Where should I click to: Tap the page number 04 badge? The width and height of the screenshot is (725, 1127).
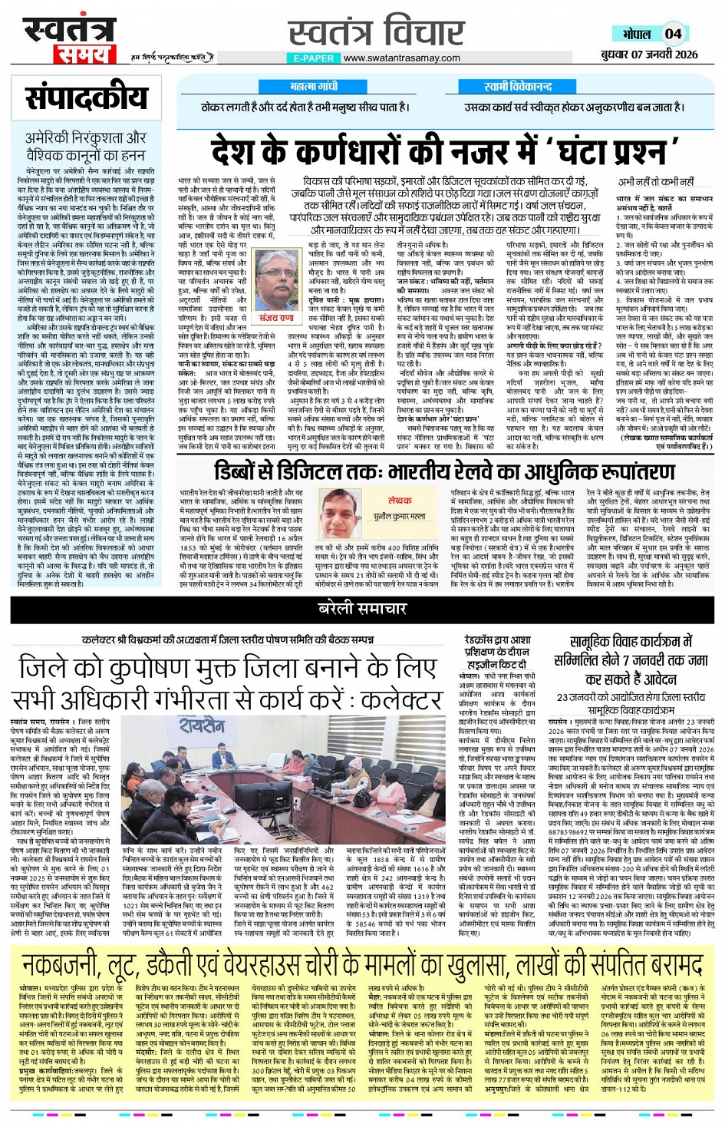coord(673,34)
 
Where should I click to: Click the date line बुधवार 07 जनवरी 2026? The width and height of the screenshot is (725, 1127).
coord(650,54)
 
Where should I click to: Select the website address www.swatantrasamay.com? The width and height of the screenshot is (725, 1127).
coord(401,58)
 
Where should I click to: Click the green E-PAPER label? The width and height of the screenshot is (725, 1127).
coord(313,58)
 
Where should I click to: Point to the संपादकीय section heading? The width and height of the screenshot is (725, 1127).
coord(86,98)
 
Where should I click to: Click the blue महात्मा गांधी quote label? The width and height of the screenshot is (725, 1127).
coord(314,87)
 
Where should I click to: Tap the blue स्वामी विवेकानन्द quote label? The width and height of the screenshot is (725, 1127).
coord(518,87)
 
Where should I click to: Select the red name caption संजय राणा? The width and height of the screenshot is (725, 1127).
coord(276,318)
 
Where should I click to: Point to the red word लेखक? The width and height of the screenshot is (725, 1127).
coord(400,500)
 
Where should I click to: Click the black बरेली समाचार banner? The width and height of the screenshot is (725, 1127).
coord(362,608)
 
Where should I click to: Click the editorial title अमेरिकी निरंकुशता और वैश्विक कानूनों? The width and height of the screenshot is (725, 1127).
coord(85,146)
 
